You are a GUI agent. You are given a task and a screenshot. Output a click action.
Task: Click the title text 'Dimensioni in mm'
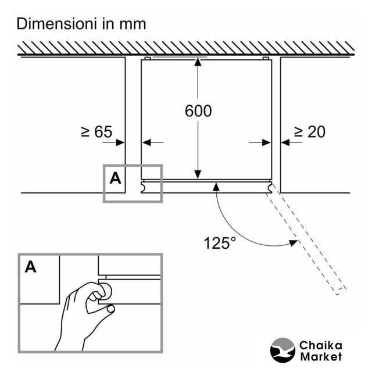[81, 24]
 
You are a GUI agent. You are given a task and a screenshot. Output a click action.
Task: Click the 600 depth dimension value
[199, 110]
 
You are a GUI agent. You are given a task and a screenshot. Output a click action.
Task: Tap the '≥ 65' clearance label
[96, 132]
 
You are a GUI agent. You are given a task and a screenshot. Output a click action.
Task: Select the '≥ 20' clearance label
[310, 132]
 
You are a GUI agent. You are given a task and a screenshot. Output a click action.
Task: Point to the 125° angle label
[220, 242]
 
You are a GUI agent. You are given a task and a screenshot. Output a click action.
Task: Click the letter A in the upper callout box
[116, 178]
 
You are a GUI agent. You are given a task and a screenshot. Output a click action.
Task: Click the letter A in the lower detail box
[30, 267]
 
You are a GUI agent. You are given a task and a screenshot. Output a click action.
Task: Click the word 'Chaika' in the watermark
[320, 345]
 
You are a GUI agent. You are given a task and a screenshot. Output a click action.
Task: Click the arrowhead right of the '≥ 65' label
[121, 142]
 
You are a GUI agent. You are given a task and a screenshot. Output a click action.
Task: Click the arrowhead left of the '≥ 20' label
[285, 142]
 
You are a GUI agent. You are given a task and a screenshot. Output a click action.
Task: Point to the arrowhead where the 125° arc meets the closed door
[216, 186]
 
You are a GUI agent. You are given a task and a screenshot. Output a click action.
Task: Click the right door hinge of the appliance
[271, 187]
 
